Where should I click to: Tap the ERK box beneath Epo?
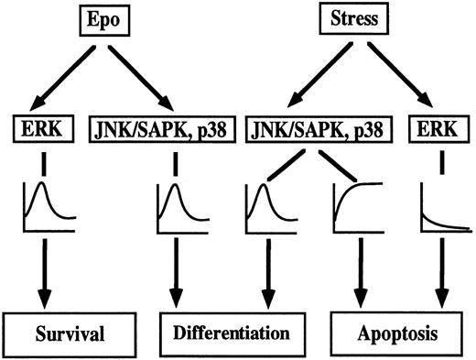click(47, 124)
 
